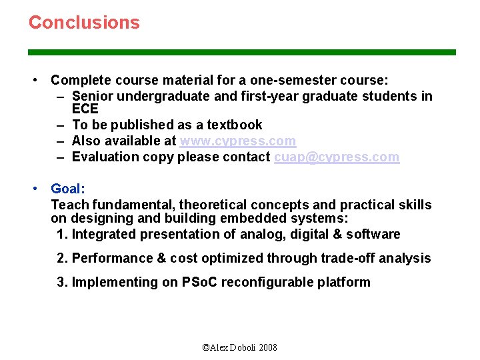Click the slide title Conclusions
pyautogui.click(x=84, y=22)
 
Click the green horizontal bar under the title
pyautogui.click(x=241, y=52)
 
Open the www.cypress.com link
pyautogui.click(x=237, y=141)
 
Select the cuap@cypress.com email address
pyautogui.click(x=337, y=157)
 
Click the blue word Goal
pyautogui.click(x=65, y=189)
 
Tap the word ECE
pyautogui.click(x=85, y=109)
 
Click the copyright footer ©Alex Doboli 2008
pyautogui.click(x=239, y=347)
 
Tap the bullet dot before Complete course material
pyautogui.click(x=35, y=80)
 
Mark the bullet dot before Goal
pyautogui.click(x=35, y=189)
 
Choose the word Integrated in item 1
pyautogui.click(x=103, y=234)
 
